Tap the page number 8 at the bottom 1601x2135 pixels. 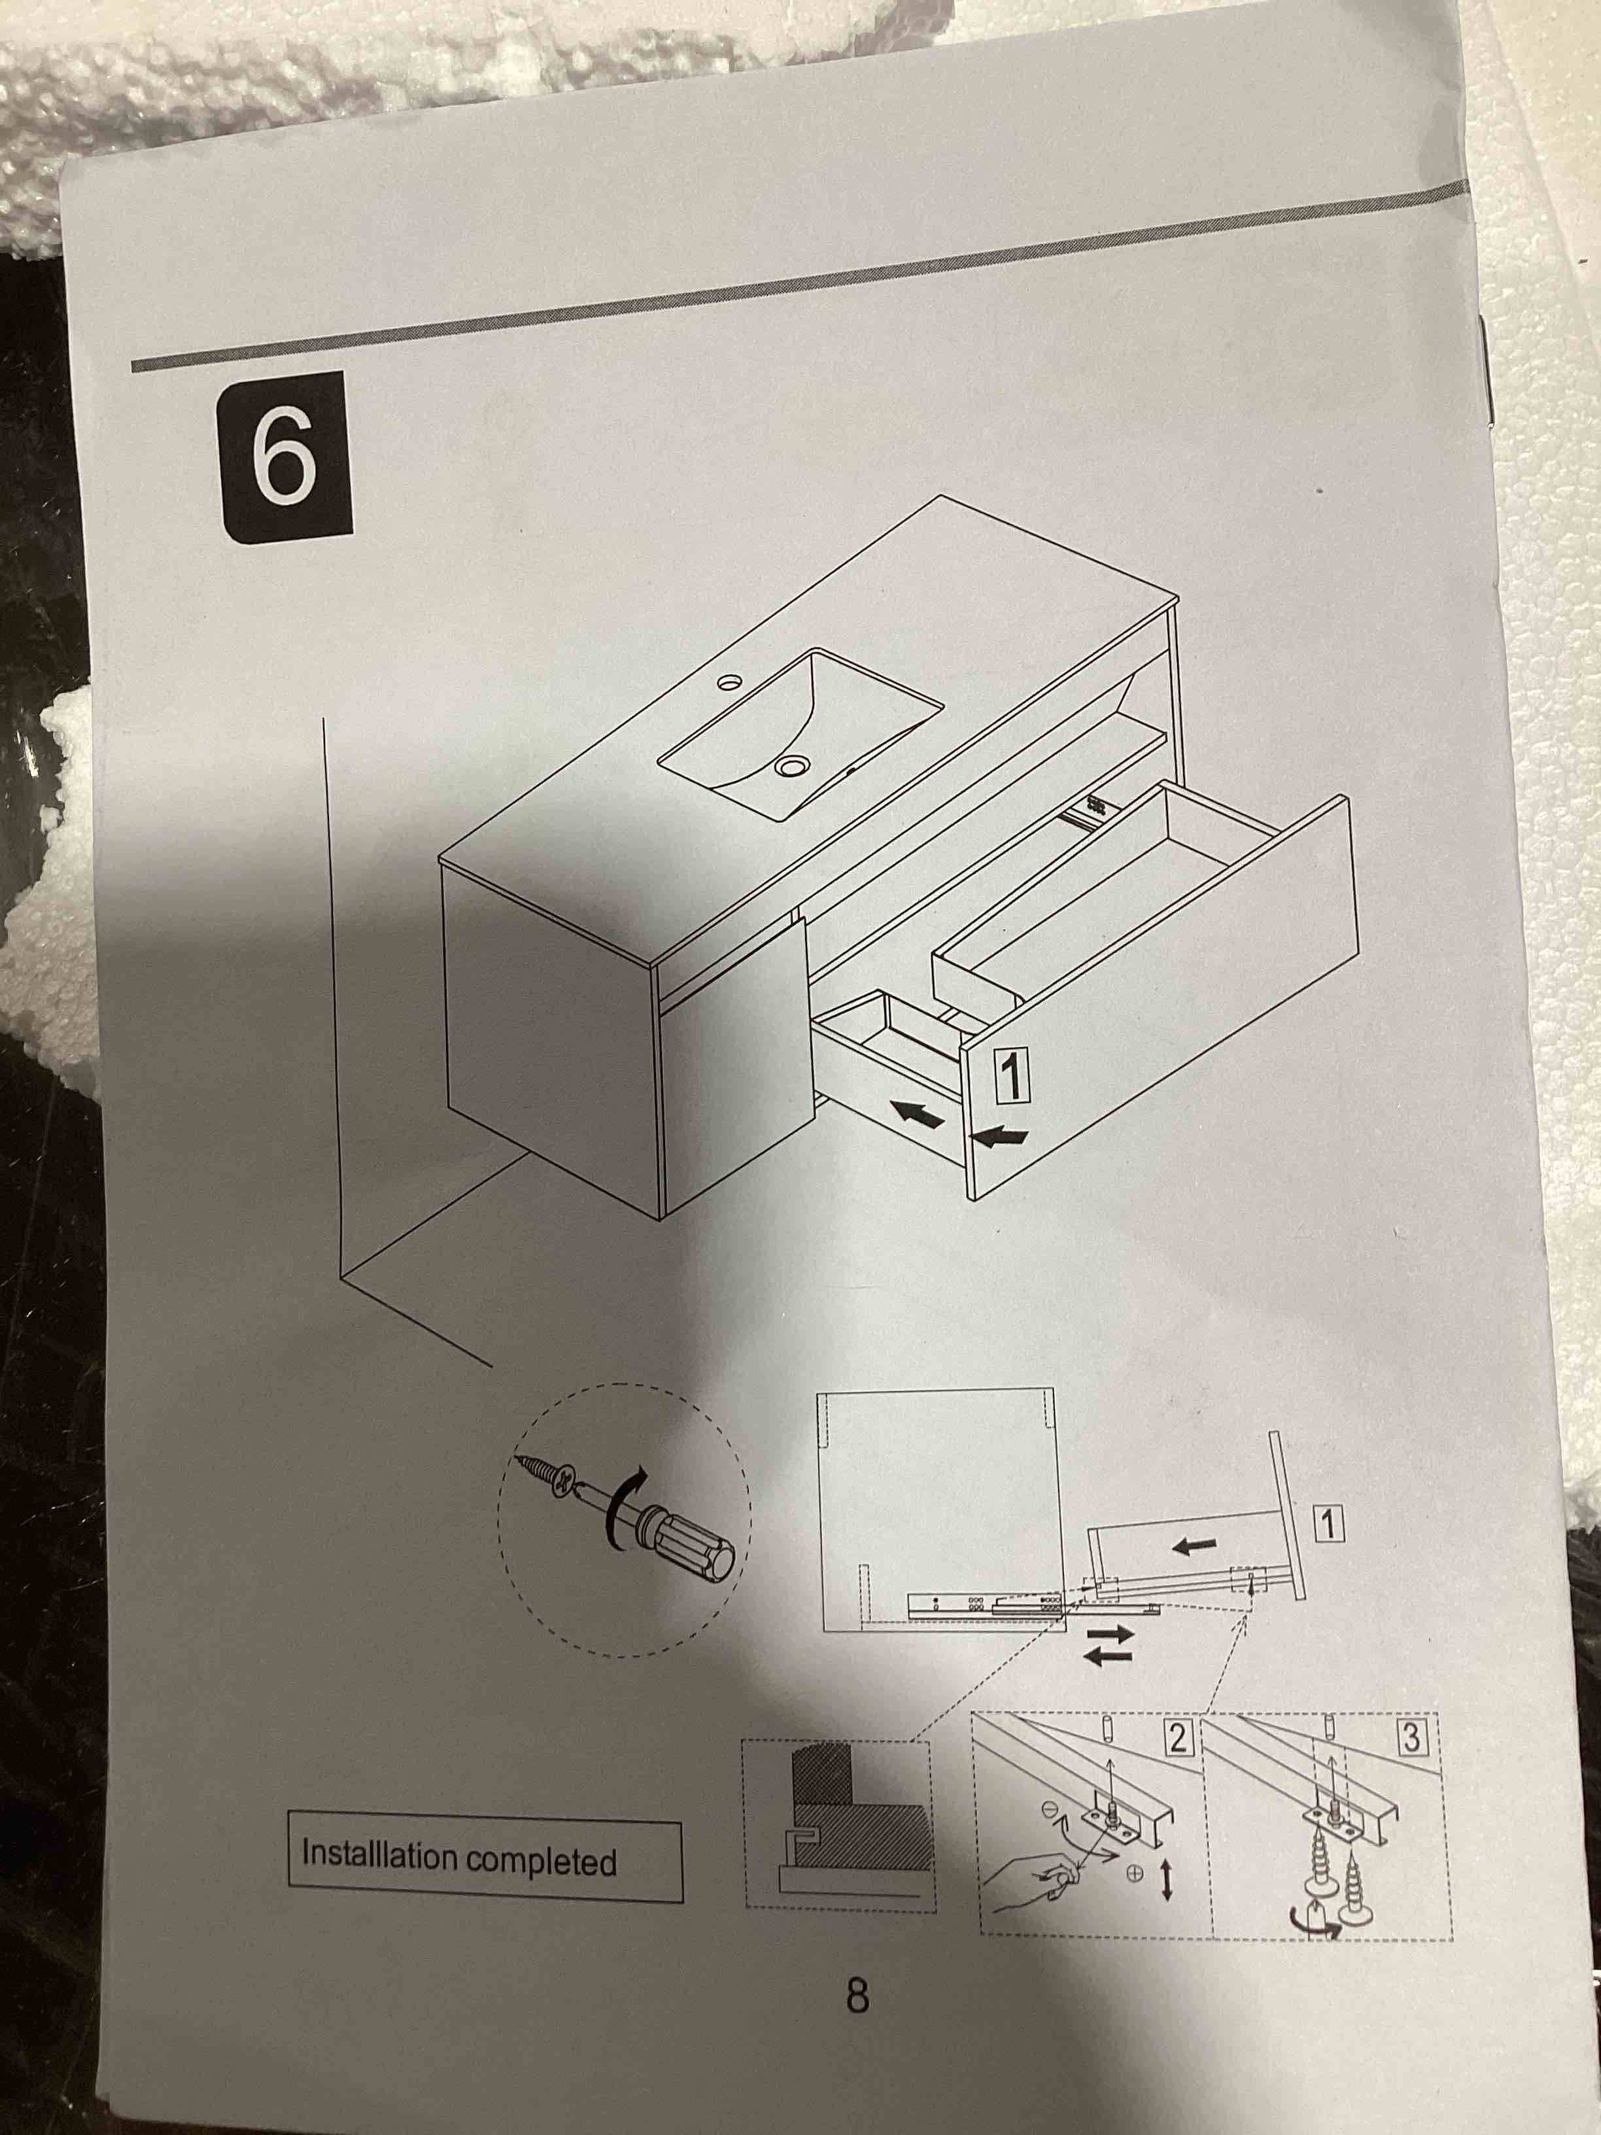coord(857,1994)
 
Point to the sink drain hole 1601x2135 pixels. coord(791,765)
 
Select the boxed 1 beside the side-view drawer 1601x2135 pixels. coord(1330,1525)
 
